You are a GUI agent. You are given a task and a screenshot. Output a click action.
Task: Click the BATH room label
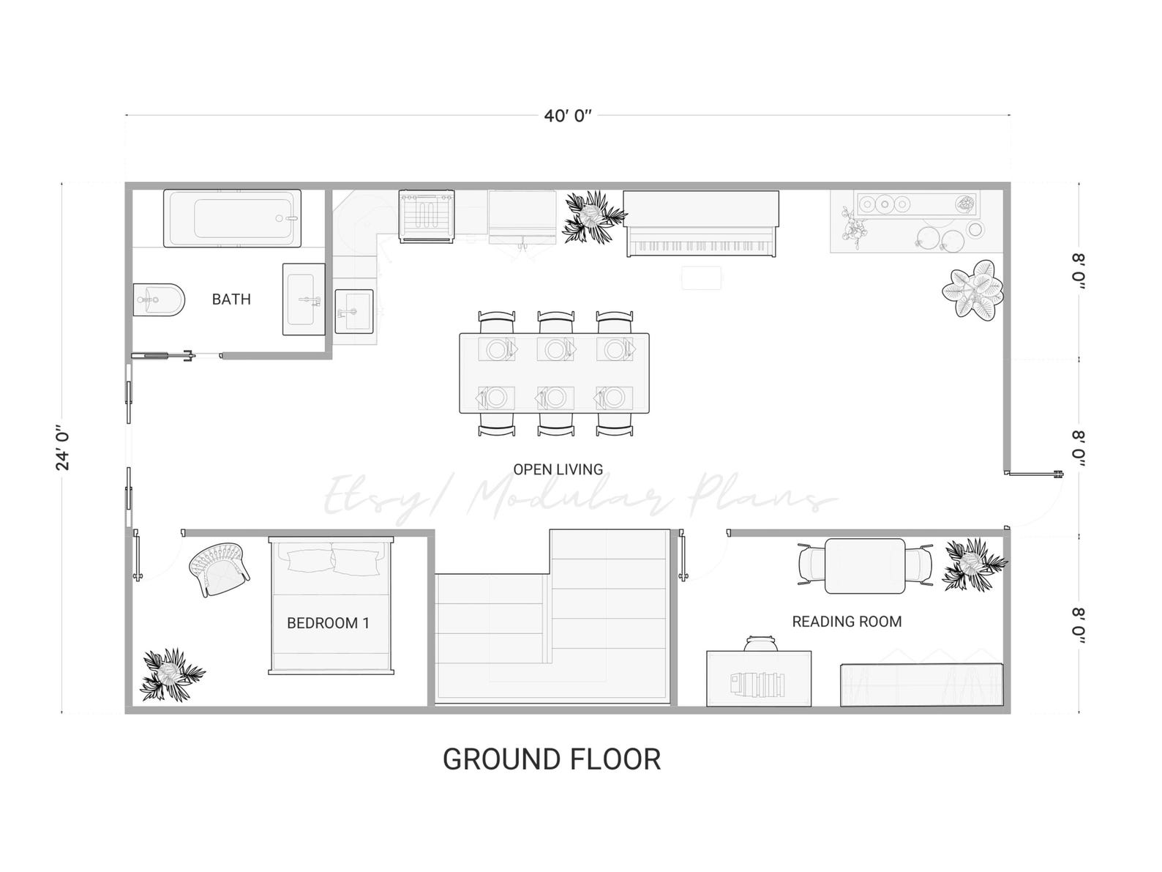[x=231, y=299]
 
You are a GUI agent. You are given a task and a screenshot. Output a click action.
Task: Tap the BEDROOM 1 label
[x=328, y=623]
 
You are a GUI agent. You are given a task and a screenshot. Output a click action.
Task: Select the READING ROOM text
[x=847, y=622]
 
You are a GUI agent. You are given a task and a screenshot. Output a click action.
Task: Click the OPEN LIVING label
[x=558, y=469]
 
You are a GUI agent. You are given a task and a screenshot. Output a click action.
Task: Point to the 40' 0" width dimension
[x=567, y=116]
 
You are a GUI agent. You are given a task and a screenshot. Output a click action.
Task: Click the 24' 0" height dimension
[x=63, y=447]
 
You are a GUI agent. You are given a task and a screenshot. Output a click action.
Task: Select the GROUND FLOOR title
[x=552, y=759]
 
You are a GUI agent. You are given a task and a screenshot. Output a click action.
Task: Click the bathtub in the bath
[x=232, y=218]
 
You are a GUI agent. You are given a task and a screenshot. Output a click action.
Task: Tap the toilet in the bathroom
[x=157, y=299]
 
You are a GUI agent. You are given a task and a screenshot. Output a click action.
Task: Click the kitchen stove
[x=426, y=216]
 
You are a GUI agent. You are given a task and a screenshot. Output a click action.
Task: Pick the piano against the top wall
[x=700, y=224]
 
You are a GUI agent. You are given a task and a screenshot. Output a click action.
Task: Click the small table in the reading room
[x=865, y=566]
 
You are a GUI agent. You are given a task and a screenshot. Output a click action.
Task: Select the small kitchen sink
[x=354, y=310]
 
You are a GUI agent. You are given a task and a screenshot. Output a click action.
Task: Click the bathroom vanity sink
[x=304, y=299]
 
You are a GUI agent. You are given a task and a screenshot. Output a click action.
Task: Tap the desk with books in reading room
[x=758, y=678]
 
